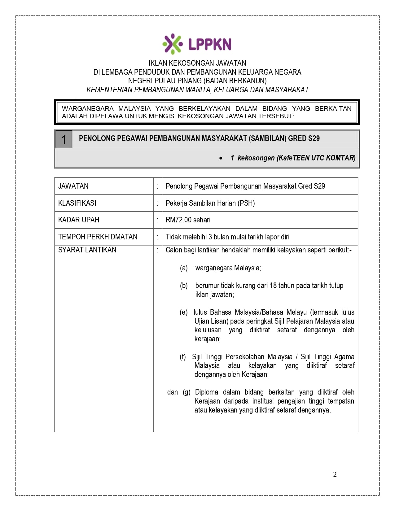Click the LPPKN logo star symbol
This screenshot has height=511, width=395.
pyautogui.click(x=172, y=44)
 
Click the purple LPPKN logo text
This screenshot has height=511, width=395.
pyautogui.click(x=210, y=44)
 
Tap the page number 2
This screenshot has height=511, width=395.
pyautogui.click(x=335, y=474)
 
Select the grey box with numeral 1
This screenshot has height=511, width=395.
pyautogui.click(x=64, y=139)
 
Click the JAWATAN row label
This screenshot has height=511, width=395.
pyautogui.click(x=73, y=186)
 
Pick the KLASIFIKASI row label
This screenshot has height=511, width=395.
pyautogui.click(x=77, y=203)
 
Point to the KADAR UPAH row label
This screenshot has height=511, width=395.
pyautogui.click(x=79, y=220)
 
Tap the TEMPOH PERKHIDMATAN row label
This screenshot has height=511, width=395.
pyautogui.click(x=98, y=237)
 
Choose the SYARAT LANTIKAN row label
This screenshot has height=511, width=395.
pyautogui.click(x=87, y=250)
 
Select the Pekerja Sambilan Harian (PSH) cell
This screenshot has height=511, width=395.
pyautogui.click(x=210, y=203)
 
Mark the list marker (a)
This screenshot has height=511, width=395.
pyautogui.click(x=184, y=268)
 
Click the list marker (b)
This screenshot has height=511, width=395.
pyautogui.click(x=184, y=286)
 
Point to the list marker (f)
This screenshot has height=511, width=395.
pyautogui.click(x=183, y=357)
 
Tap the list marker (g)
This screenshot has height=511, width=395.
pyautogui.click(x=187, y=392)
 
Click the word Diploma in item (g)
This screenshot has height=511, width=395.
pyautogui.click(x=206, y=392)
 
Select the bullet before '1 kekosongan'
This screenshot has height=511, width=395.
pyautogui.click(x=221, y=158)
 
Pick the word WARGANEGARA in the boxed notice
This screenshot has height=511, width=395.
pyautogui.click(x=88, y=109)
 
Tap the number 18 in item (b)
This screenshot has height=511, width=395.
pyautogui.click(x=273, y=286)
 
